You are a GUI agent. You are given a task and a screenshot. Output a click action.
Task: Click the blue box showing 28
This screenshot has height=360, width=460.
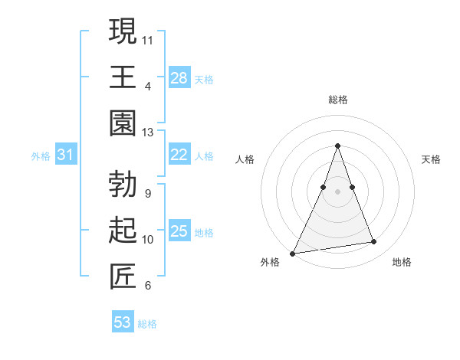tap(179, 77)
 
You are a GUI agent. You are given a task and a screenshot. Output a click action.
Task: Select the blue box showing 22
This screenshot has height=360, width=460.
tap(179, 155)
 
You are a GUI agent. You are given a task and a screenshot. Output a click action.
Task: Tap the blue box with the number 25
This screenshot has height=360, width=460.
tap(179, 231)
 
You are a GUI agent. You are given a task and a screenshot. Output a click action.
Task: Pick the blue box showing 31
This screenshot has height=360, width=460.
tap(66, 155)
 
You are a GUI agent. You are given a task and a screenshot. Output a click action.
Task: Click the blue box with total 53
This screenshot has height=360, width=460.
tap(123, 322)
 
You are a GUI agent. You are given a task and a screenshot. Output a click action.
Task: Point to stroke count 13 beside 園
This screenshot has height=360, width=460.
tap(148, 133)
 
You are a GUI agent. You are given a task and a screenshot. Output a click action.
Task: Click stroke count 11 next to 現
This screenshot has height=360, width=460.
tap(148, 39)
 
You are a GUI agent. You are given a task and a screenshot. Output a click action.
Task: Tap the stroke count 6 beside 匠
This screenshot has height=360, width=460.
tap(147, 286)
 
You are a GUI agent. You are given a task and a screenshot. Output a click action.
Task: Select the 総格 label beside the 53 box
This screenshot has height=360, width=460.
tap(147, 324)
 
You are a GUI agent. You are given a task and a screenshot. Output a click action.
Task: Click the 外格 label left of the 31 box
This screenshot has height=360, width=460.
tap(41, 156)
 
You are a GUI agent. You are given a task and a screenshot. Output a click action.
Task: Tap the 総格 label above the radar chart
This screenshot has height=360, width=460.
tap(338, 100)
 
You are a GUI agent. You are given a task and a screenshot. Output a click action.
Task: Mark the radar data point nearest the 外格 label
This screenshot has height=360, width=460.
tap(293, 253)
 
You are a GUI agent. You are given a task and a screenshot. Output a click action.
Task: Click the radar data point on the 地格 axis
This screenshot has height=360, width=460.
tap(374, 242)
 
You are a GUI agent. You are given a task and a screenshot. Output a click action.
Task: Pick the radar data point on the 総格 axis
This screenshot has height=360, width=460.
tap(338, 146)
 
